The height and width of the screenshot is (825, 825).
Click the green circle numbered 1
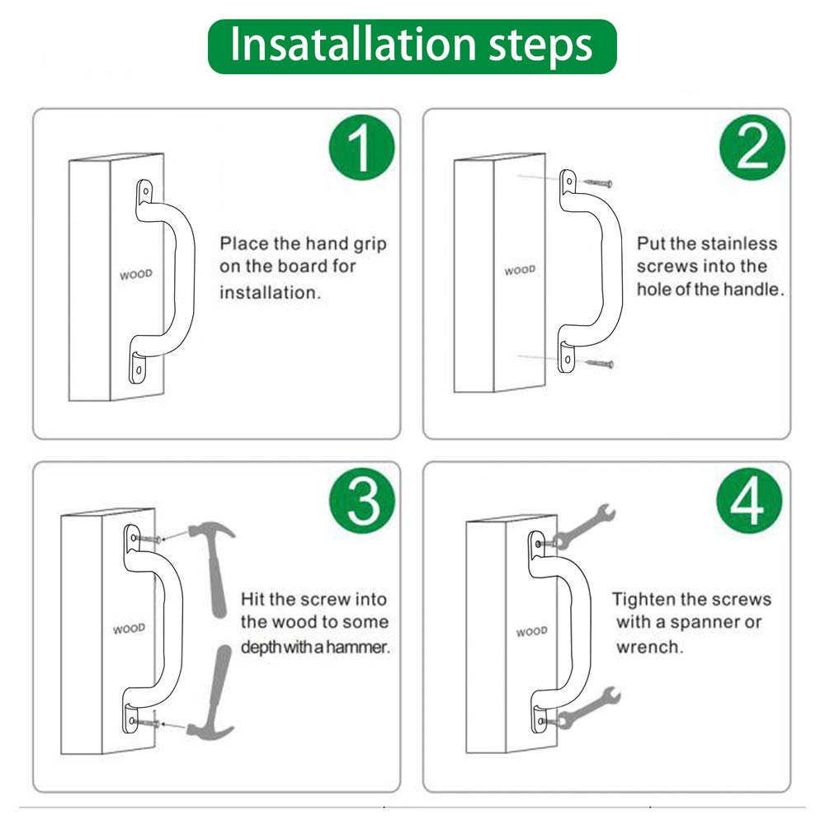361,148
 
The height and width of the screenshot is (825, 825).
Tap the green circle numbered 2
752,148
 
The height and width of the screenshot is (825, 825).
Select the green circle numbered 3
362,501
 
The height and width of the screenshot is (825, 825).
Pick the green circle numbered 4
749,501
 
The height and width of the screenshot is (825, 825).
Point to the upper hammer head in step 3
210,530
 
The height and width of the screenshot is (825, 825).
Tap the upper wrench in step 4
584,526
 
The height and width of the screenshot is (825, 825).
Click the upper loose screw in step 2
597,183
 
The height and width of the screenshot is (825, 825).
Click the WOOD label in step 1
136,274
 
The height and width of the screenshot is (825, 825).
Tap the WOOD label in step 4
531,631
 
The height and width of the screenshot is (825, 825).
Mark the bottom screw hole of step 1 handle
139,370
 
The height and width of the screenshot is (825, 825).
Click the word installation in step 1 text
270,293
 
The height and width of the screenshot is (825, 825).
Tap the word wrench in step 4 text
650,647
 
